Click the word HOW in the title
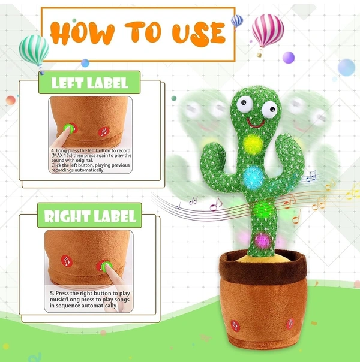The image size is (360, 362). (82, 33)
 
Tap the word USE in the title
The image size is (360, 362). (199, 34)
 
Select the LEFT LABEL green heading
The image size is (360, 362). (89, 83)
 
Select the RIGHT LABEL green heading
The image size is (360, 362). (89, 215)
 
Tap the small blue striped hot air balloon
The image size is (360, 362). (237, 21)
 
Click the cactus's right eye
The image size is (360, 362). (269, 110)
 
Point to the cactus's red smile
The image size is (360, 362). (256, 123)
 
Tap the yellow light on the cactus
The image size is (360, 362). (253, 144)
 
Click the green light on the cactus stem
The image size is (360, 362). (263, 210)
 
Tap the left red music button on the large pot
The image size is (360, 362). (235, 326)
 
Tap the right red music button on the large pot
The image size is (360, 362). (290, 324)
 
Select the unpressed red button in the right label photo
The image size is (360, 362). (67, 261)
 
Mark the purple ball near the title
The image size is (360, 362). (289, 58)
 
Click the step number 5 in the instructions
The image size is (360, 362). (52, 293)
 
